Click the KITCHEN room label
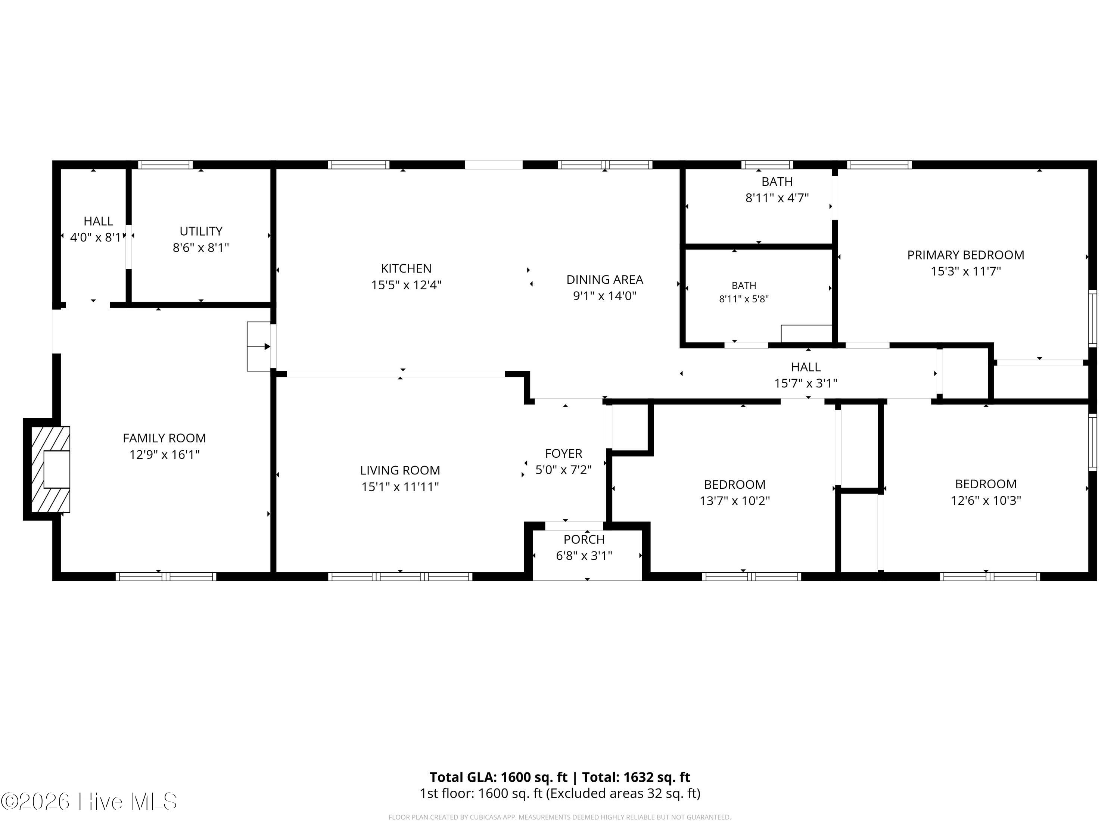(406, 268)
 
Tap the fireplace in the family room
(51, 469)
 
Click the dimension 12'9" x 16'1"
(165, 455)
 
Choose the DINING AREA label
(604, 280)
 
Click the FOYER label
(563, 453)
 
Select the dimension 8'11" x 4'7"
(777, 198)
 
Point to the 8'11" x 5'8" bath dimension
(744, 299)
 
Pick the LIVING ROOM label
(400, 470)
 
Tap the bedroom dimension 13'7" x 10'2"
(735, 501)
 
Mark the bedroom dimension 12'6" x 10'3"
(986, 501)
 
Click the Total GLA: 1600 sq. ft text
(499, 777)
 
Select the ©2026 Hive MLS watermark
(89, 802)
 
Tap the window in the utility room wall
(165, 165)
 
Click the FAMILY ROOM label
(165, 438)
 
